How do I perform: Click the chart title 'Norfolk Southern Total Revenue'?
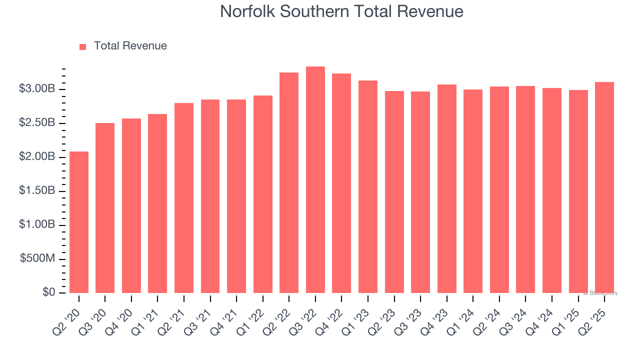click(341, 11)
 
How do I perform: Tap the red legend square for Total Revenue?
click(83, 46)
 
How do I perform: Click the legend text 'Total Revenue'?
click(130, 46)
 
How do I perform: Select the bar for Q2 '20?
click(79, 222)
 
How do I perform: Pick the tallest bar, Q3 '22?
click(315, 180)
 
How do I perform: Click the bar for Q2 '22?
click(289, 183)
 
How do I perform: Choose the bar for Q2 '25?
click(604, 187)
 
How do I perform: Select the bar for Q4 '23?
click(446, 189)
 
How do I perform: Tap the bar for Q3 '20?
click(105, 208)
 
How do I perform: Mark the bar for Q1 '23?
click(368, 187)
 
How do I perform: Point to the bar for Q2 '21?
click(184, 198)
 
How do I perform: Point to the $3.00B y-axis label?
click(37, 89)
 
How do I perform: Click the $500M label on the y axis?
click(37, 259)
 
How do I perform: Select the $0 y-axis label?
click(49, 292)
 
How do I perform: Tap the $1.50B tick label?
click(37, 191)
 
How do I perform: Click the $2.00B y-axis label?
click(37, 157)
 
